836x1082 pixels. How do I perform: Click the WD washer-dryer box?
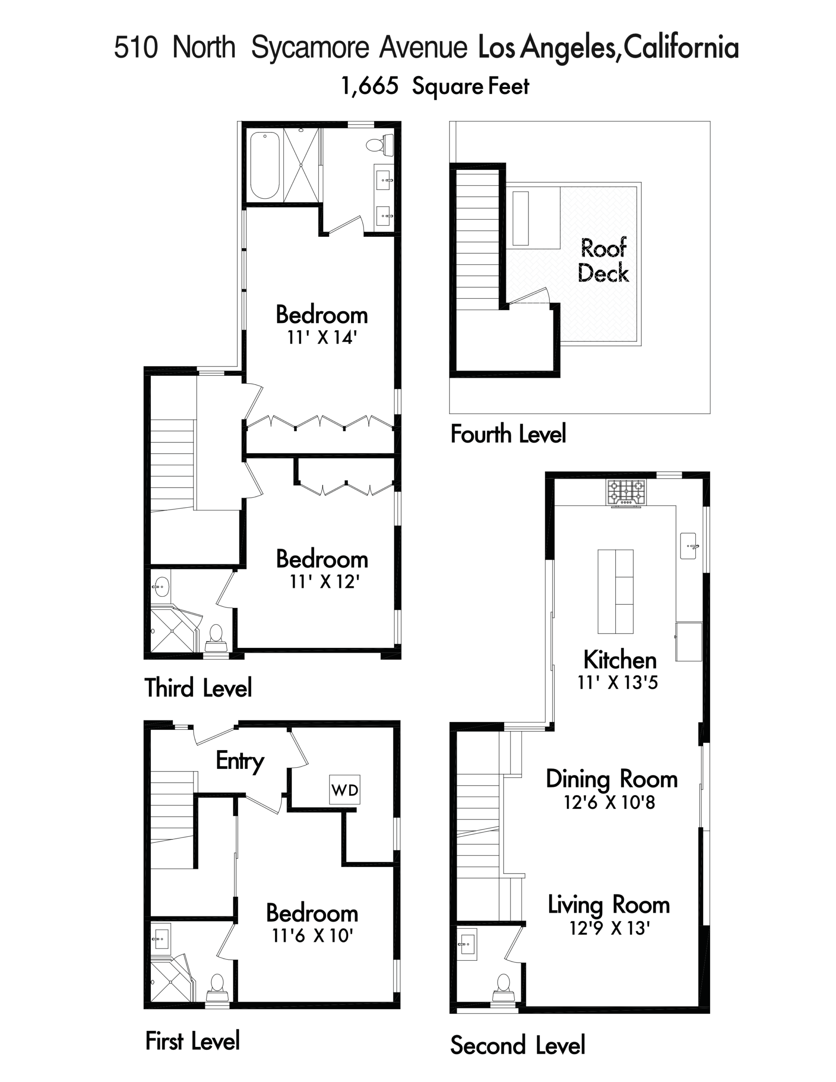click(345, 789)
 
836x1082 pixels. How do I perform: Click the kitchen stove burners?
click(626, 492)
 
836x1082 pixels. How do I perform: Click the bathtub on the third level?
click(265, 165)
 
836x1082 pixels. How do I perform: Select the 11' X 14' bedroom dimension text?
click(322, 337)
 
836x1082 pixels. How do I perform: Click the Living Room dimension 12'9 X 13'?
click(609, 927)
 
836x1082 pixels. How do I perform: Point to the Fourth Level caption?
click(508, 434)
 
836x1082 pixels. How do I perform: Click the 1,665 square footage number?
click(370, 86)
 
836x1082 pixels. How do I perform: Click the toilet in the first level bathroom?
click(216, 989)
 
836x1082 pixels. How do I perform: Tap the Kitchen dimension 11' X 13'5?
click(617, 682)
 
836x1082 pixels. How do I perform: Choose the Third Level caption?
click(198, 688)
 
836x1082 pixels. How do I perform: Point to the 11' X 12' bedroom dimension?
click(325, 581)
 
